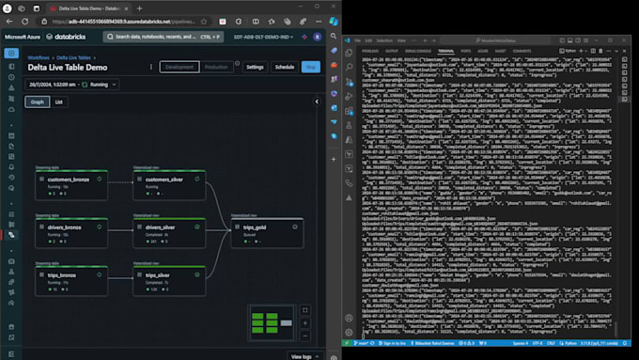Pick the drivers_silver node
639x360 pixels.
click(x=169, y=231)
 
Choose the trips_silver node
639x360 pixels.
click(x=169, y=280)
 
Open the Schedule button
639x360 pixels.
click(x=284, y=67)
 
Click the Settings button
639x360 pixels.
click(x=255, y=67)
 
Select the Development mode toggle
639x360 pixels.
click(x=179, y=67)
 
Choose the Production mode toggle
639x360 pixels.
click(x=217, y=67)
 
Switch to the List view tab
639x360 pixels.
click(x=59, y=102)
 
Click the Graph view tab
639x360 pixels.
click(x=37, y=102)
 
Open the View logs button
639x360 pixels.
click(x=301, y=355)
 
